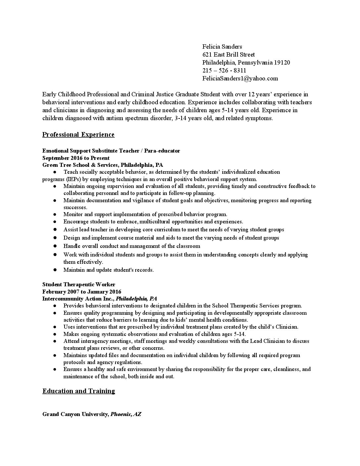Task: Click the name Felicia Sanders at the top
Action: tap(222, 47)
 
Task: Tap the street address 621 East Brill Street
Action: tap(228, 55)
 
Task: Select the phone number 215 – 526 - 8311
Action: tap(224, 70)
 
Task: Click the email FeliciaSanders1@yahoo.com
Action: tap(240, 78)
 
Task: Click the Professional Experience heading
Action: tap(78, 134)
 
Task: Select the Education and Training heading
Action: tap(79, 391)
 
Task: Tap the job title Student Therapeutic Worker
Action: tap(79, 284)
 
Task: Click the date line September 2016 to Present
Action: tap(76, 158)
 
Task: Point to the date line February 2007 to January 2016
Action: tap(82, 292)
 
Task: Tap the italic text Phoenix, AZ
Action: tap(126, 414)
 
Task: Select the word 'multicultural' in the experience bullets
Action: tap(154, 221)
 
